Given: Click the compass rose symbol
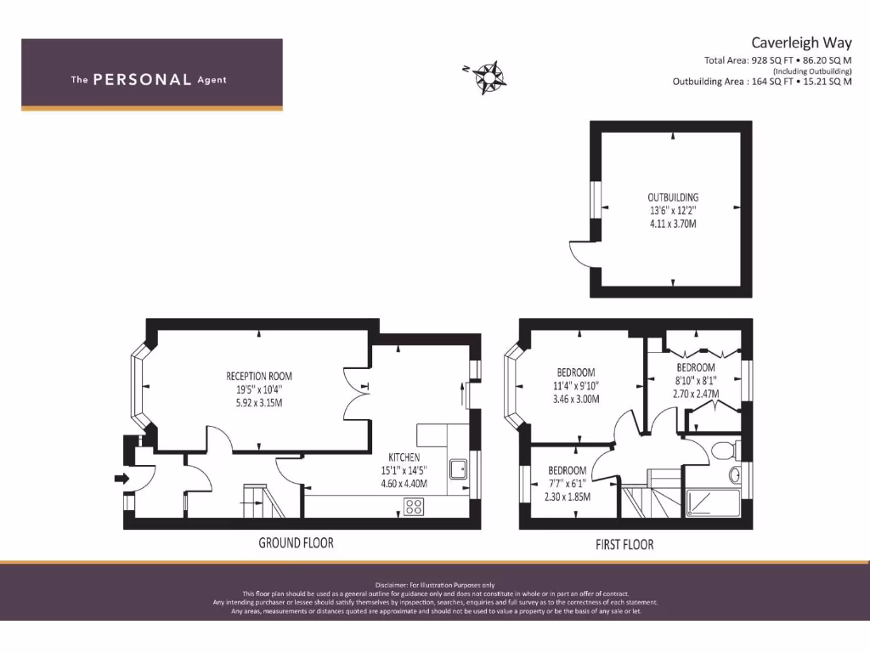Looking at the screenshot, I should pyautogui.click(x=490, y=77).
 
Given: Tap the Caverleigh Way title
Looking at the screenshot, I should pyautogui.click(x=800, y=42).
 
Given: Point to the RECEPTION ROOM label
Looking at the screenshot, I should pyautogui.click(x=259, y=376).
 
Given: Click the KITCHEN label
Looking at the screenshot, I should pyautogui.click(x=404, y=457).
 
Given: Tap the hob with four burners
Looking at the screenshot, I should pyautogui.click(x=414, y=506).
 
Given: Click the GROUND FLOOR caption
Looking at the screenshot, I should pyautogui.click(x=296, y=542).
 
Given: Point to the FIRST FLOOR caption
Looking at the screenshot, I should pyautogui.click(x=624, y=544).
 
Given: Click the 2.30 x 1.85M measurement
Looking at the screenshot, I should pyautogui.click(x=567, y=497).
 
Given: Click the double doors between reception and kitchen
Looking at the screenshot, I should pyautogui.click(x=358, y=394).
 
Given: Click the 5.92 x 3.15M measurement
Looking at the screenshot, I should pyautogui.click(x=259, y=402).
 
